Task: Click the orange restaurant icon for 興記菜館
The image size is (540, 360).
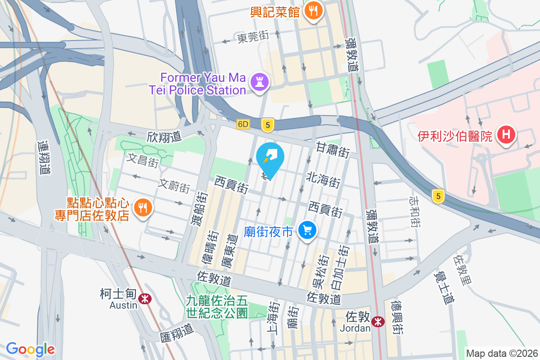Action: point(312,10)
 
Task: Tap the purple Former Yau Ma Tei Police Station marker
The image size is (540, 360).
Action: point(260,82)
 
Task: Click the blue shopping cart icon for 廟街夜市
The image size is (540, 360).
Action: point(308,230)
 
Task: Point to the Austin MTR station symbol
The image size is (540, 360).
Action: point(145,298)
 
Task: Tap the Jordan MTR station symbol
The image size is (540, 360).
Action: point(378,321)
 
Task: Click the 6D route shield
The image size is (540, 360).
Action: point(243,124)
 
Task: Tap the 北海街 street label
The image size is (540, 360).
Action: point(323,180)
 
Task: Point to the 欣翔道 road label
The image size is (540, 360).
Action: point(164,136)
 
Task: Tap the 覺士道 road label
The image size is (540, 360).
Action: point(443,287)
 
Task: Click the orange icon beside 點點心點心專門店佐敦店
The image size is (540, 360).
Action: point(144,207)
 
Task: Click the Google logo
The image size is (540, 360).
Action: point(30,349)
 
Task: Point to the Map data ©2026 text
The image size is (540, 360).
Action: point(502,353)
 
